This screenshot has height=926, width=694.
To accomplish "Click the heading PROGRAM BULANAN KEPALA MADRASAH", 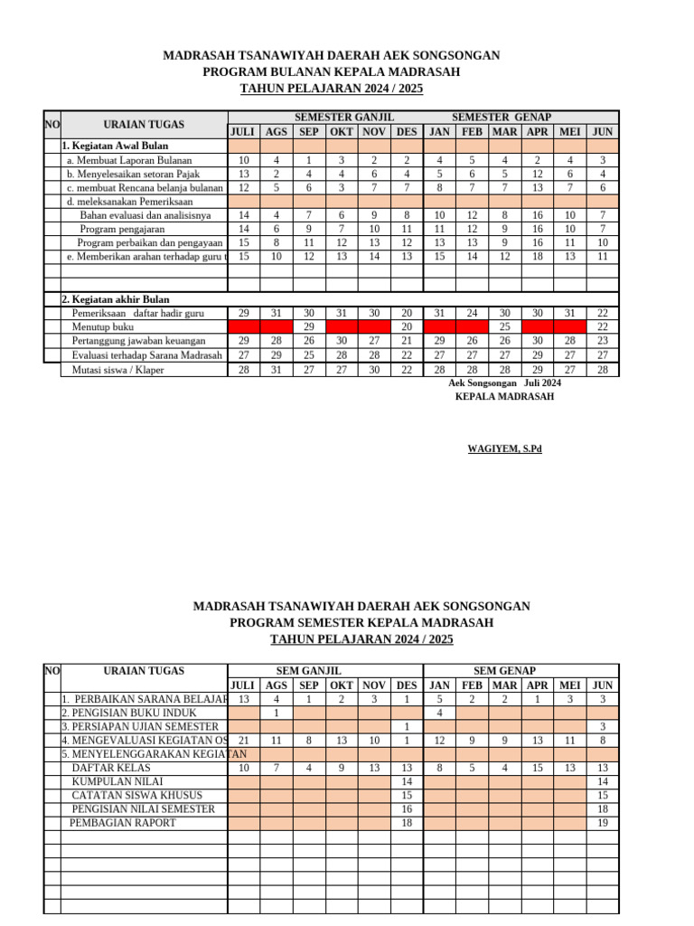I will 331,72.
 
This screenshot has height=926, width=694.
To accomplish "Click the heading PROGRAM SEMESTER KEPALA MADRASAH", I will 361,623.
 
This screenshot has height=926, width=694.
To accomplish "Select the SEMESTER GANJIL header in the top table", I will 344,118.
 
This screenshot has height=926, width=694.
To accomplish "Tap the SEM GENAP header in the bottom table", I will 505,671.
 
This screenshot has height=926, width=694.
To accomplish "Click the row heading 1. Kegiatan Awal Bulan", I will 115,146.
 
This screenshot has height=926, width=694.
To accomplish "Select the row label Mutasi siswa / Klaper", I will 117,370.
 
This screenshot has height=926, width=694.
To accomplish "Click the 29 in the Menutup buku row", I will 308,326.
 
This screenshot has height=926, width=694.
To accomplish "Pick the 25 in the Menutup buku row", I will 505,326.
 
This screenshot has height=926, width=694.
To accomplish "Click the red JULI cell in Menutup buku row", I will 244,326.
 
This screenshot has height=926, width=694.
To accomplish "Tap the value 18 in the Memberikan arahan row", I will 538,257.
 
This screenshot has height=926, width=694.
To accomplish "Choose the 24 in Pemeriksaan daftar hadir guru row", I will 472,313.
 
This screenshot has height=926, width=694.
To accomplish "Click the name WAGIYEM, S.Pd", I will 504,449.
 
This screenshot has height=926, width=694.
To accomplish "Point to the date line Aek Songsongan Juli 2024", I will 504,383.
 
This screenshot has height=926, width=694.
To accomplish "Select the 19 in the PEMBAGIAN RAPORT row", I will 603,823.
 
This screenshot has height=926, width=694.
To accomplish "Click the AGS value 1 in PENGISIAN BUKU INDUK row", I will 277,713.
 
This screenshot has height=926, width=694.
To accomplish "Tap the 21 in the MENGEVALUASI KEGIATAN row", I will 244,741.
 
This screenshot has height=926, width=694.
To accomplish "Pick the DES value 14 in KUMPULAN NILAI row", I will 407,781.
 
